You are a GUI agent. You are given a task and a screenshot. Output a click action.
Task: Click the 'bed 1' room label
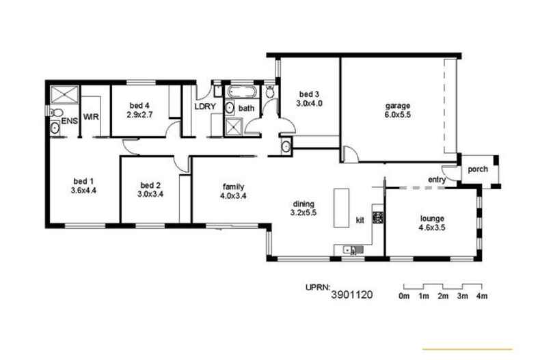82,181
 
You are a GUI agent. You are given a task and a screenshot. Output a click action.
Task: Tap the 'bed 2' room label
150,184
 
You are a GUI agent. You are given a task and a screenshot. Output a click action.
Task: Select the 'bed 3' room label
308,94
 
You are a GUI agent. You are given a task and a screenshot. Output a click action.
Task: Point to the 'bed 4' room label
139,106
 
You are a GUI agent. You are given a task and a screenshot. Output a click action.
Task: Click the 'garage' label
397,106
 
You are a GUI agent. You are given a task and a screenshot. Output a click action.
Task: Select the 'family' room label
233,186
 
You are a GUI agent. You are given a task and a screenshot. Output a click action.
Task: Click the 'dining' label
303,204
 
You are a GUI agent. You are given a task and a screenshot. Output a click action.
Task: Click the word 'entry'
437,180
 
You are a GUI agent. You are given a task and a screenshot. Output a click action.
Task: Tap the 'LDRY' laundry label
204,107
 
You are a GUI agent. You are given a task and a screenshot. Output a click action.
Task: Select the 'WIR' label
92,117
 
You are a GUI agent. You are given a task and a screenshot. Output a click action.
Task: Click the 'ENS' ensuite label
70,121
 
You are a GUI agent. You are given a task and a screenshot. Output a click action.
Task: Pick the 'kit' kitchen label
360,219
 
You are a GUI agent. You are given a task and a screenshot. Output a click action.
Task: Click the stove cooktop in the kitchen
377,218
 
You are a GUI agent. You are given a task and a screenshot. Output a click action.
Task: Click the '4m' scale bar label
481,296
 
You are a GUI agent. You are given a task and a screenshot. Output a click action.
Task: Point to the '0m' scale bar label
404,296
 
